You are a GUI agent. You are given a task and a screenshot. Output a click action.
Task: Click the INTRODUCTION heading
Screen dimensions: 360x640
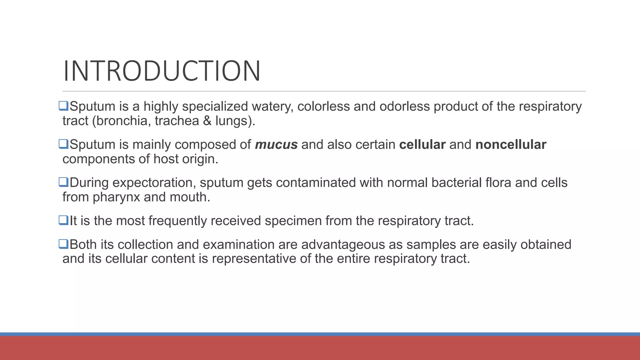(x=162, y=71)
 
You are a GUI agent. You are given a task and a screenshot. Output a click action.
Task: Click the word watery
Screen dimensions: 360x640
(x=272, y=107)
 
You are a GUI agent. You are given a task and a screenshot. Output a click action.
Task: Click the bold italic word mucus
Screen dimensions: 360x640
(x=276, y=145)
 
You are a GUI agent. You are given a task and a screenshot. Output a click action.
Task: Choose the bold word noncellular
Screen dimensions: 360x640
(x=511, y=145)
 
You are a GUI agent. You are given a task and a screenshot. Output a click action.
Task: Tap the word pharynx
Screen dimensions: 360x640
(x=116, y=197)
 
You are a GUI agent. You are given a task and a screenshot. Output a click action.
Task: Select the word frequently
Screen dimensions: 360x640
(x=177, y=221)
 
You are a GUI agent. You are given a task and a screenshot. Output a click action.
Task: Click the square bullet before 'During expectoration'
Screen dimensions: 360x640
(x=63, y=182)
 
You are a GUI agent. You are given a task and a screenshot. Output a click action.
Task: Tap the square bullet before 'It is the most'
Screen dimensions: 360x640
(x=63, y=220)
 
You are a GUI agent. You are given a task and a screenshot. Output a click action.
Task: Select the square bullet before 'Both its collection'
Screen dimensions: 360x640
(x=63, y=244)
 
